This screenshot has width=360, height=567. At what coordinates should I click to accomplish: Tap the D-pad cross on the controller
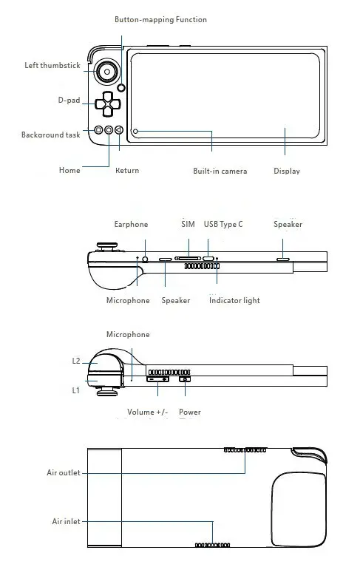(x=108, y=104)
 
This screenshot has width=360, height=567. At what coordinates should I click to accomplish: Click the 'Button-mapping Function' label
(x=160, y=19)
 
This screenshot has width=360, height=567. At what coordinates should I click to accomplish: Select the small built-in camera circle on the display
(x=136, y=132)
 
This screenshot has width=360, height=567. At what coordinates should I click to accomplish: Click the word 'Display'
(x=287, y=171)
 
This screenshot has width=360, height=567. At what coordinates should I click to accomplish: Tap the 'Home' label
(x=69, y=171)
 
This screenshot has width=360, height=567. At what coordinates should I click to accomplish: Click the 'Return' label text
(x=127, y=171)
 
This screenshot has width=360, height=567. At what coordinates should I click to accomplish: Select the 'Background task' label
(x=50, y=135)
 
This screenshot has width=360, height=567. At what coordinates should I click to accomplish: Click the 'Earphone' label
(x=131, y=225)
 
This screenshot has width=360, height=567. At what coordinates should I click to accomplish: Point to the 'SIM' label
(x=188, y=225)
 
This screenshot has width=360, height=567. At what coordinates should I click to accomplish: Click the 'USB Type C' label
(x=223, y=225)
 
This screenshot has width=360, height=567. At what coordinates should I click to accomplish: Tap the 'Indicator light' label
(x=234, y=300)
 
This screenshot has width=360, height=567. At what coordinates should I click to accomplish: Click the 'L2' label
(x=76, y=361)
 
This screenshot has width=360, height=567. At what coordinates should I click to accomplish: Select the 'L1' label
(x=76, y=390)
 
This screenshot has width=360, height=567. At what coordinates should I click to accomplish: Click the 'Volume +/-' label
(x=147, y=412)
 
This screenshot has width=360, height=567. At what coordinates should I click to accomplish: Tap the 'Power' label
(x=190, y=412)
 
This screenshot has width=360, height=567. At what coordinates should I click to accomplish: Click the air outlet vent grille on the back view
(x=245, y=449)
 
